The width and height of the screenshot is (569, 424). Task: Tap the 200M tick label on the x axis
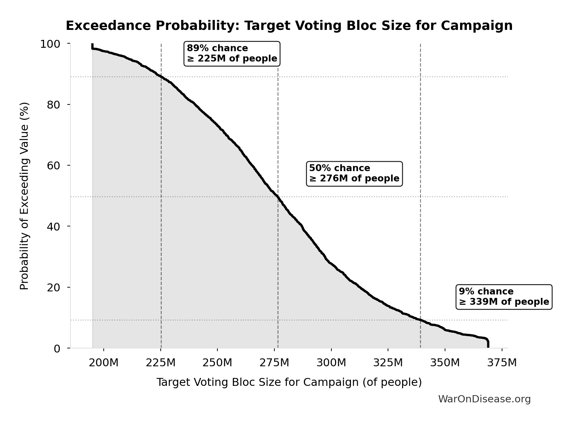pyautogui.click(x=103, y=363)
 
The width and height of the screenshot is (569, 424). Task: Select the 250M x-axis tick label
pyautogui.click(x=217, y=363)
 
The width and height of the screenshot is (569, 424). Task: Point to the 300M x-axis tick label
pyautogui.click(x=331, y=363)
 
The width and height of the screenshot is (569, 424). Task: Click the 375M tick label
pyautogui.click(x=502, y=363)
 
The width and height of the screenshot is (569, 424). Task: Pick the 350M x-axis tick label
pyautogui.click(x=445, y=363)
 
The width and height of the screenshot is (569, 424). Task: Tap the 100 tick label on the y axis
pyautogui.click(x=50, y=44)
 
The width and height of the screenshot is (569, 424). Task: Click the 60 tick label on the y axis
pyautogui.click(x=54, y=166)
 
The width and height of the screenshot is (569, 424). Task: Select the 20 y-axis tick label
pyautogui.click(x=54, y=287)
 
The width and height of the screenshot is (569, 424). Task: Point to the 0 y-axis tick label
pyautogui.click(x=57, y=348)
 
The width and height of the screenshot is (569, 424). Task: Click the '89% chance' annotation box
pyautogui.click(x=232, y=54)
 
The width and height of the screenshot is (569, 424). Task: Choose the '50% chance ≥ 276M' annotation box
pyautogui.click(x=354, y=174)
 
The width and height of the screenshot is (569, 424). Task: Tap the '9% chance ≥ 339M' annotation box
pyautogui.click(x=504, y=297)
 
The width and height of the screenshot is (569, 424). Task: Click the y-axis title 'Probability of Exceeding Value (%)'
pyautogui.click(x=24, y=196)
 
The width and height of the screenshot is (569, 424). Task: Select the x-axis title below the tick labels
pyautogui.click(x=289, y=382)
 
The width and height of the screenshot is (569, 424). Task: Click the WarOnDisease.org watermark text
pyautogui.click(x=484, y=399)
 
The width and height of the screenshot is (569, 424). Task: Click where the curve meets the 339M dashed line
pyautogui.click(x=420, y=320)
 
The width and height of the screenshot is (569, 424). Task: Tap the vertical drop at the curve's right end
pyautogui.click(x=488, y=344)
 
